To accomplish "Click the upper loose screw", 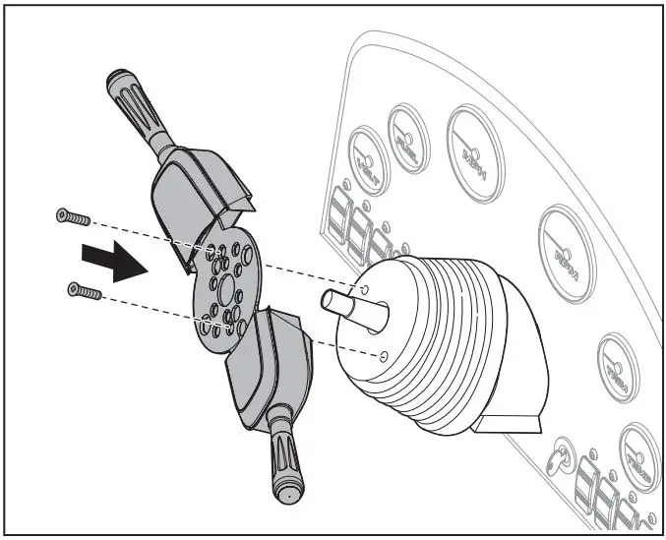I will click(74, 215).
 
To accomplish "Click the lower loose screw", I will click(84, 291).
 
